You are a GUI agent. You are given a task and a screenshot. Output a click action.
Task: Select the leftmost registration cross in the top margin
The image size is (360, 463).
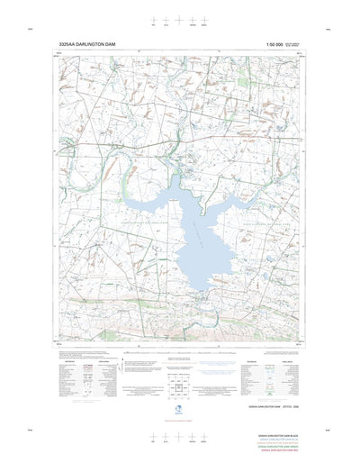154,19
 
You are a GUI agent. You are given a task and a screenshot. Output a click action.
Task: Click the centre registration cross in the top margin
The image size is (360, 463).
179,19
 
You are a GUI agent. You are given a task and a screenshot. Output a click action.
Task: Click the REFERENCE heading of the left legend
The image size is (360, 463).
66,358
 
